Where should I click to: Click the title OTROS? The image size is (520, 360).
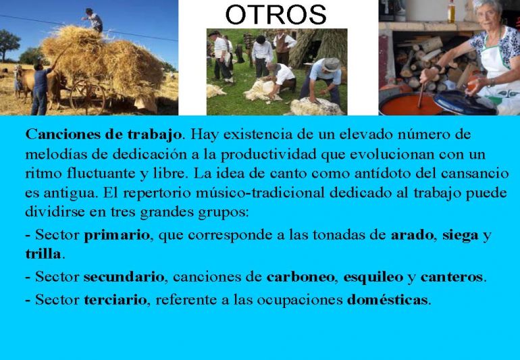pos(276,15)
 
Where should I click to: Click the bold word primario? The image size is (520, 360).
pos(117,235)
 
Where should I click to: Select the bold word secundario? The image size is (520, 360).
pos(124,277)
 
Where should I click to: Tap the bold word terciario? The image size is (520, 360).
pos(115,300)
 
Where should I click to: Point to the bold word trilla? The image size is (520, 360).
pos(43,254)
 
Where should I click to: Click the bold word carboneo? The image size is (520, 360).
pos(301,277)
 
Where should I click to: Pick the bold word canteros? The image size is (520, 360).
pos(451,277)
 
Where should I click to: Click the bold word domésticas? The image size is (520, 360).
pos(387,300)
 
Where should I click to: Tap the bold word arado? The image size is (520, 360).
pos(412,235)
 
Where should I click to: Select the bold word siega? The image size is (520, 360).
pos(461,236)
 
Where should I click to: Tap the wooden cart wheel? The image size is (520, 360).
pos(88,97)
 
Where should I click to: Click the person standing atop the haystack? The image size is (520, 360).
pos(93,20)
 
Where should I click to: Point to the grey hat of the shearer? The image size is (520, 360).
pos(332,64)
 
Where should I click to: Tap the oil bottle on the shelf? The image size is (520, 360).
pos(451,11)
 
